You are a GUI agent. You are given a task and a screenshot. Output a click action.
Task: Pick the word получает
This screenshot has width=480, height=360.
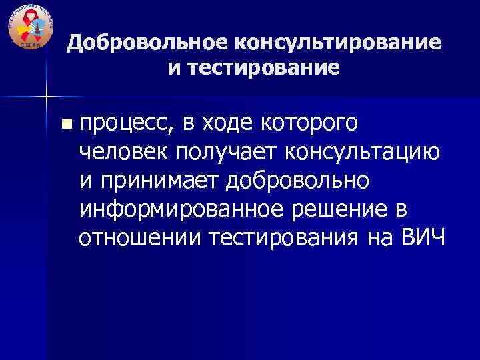click(228, 152)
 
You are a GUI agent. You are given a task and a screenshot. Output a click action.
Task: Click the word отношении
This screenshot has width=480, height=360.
click(139, 238)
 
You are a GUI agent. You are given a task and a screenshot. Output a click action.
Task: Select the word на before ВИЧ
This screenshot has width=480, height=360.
click(383, 238)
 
